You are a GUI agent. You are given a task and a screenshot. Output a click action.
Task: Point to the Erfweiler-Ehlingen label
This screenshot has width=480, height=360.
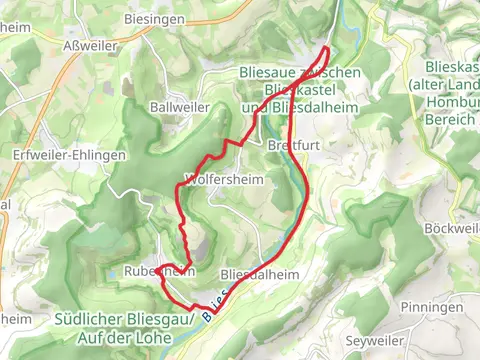tap(69, 156)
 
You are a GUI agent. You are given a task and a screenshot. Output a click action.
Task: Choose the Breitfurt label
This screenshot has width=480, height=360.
tap(291, 145)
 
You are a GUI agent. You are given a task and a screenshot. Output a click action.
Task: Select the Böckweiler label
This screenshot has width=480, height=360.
tap(453, 228)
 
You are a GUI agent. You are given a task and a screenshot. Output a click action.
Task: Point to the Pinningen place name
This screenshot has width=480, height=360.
tap(430, 306)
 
